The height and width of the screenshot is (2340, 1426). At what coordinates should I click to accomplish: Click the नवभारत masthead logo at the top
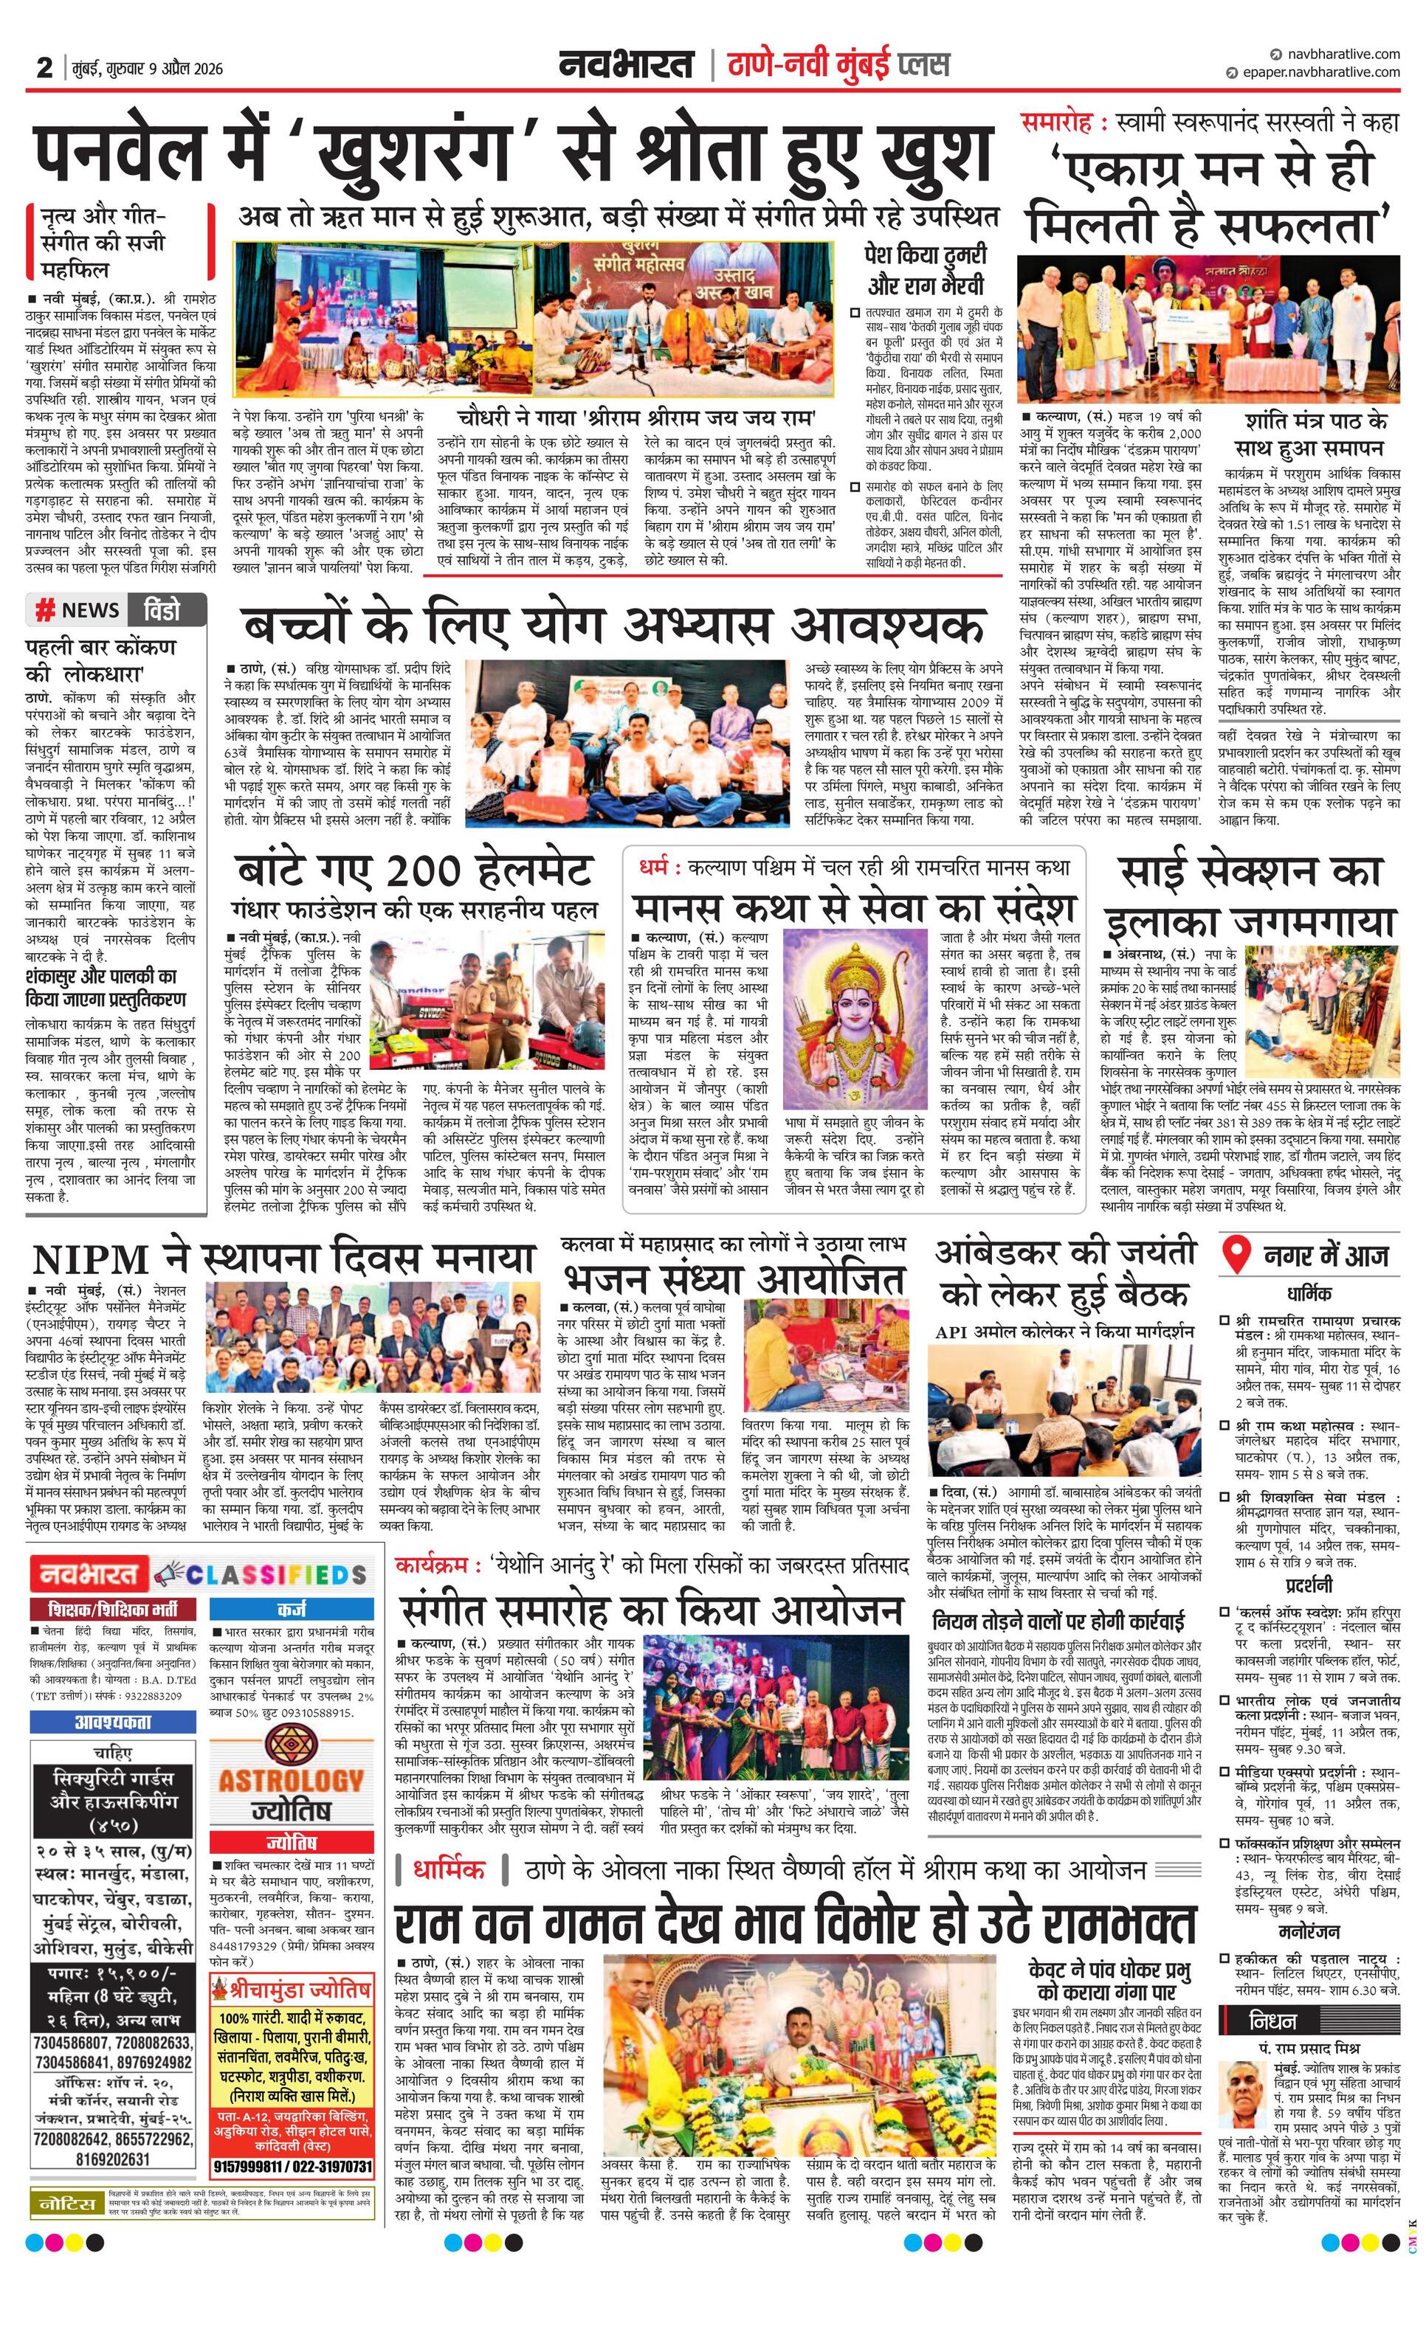pyautogui.click(x=625, y=66)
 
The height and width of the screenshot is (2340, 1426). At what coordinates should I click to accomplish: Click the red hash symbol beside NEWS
pyautogui.click(x=44, y=609)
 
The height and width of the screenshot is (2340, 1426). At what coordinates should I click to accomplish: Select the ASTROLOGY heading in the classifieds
pyautogui.click(x=291, y=1779)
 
